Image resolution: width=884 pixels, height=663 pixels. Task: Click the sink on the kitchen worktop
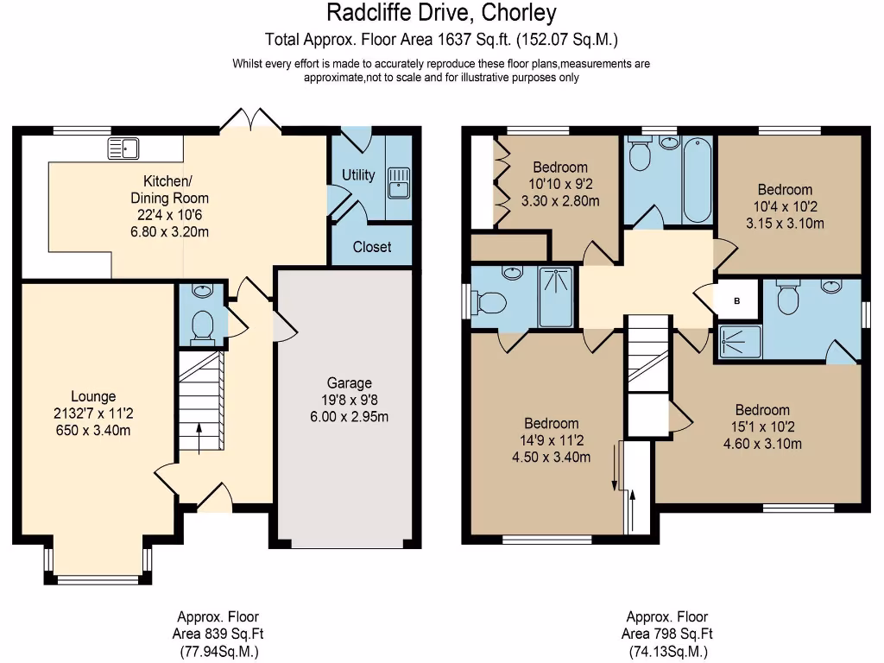click(123, 148)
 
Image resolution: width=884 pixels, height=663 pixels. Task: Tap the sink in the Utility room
click(398, 183)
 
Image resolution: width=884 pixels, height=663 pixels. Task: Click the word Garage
click(349, 383)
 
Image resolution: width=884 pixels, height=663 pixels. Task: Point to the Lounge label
click(93, 397)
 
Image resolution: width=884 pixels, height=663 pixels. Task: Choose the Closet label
click(372, 247)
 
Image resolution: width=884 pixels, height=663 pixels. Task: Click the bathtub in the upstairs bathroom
click(695, 180)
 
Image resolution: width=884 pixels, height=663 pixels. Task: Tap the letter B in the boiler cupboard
click(736, 301)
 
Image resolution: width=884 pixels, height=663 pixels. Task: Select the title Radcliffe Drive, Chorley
click(441, 13)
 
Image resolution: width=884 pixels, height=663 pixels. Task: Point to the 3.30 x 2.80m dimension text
click(559, 201)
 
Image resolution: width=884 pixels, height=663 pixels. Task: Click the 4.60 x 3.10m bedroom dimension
click(762, 445)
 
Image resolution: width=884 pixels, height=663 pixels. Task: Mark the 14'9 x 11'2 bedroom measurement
click(552, 440)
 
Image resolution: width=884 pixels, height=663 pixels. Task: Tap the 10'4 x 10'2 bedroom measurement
click(785, 207)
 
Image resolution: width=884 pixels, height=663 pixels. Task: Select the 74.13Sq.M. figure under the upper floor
click(667, 652)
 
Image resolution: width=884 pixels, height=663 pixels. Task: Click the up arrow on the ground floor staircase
click(199, 437)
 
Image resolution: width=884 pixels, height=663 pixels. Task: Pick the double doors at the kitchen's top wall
click(249, 122)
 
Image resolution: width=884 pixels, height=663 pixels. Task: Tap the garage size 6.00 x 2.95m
click(349, 417)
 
